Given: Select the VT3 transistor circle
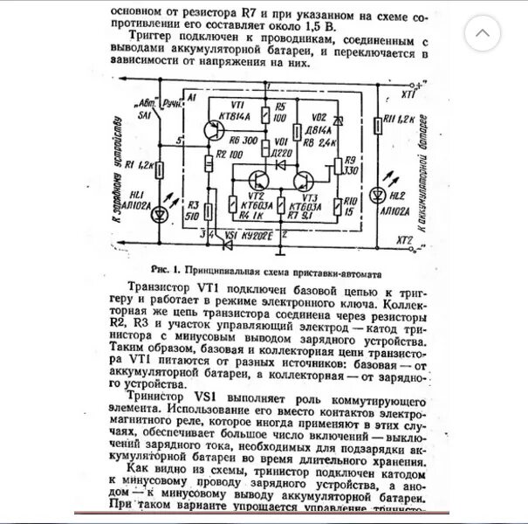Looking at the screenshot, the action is coord(305,182).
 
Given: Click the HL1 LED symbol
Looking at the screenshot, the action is coord(159,214).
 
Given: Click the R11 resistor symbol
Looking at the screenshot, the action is coord(377,130).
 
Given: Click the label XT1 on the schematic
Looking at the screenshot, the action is coord(407,93).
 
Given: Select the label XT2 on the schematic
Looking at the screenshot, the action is coord(404,239).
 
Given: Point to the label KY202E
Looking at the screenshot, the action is coord(257,235).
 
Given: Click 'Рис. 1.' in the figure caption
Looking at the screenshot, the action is coord(165,268).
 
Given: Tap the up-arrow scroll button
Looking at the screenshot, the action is coord(483,33).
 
